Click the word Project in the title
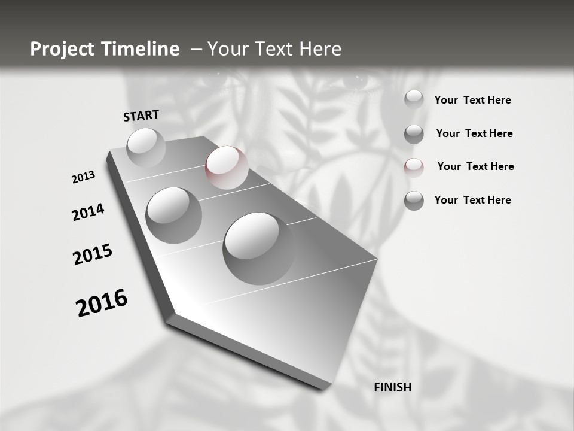(x=60, y=49)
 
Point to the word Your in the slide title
(x=226, y=49)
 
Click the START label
(x=141, y=116)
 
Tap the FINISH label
(x=392, y=387)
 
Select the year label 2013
(x=83, y=177)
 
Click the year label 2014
(x=88, y=212)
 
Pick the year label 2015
(x=93, y=255)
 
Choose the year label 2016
(x=102, y=303)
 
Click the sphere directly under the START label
(x=146, y=147)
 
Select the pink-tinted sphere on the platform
(x=227, y=168)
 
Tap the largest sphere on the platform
(x=258, y=248)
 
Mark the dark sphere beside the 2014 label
(x=173, y=215)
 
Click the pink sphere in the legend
(x=414, y=167)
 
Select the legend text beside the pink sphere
(x=475, y=166)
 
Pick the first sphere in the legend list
(x=414, y=99)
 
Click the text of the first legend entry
(x=472, y=100)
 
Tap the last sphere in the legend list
(x=414, y=201)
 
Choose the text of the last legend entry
(x=472, y=200)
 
